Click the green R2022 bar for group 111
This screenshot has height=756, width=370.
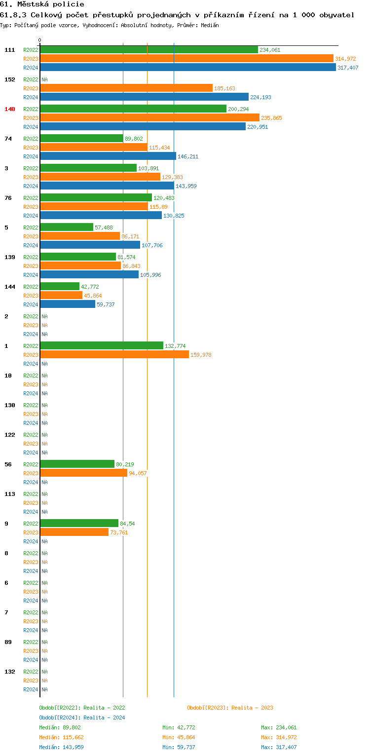[x=148, y=50]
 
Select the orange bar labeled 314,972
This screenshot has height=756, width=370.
[x=186, y=59]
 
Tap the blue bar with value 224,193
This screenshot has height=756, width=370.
[x=144, y=97]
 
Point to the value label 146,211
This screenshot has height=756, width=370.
[x=188, y=156]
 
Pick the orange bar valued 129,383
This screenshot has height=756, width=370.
[x=100, y=177]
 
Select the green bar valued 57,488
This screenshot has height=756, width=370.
[x=67, y=227]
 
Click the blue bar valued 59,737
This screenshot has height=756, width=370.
[x=68, y=304]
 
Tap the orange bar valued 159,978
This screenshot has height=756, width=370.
[x=114, y=355]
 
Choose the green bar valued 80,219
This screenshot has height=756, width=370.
[x=77, y=464]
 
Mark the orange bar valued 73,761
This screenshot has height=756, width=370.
[x=74, y=532]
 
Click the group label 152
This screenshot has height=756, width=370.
[x=10, y=79]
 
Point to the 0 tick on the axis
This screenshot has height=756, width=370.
[x=40, y=40]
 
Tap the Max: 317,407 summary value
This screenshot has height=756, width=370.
[x=279, y=747]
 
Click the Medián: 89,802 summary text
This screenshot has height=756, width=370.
[x=60, y=727]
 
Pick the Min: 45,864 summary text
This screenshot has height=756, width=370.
[x=180, y=737]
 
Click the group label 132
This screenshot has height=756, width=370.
[x=10, y=672]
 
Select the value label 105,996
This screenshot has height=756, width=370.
[x=150, y=275]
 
